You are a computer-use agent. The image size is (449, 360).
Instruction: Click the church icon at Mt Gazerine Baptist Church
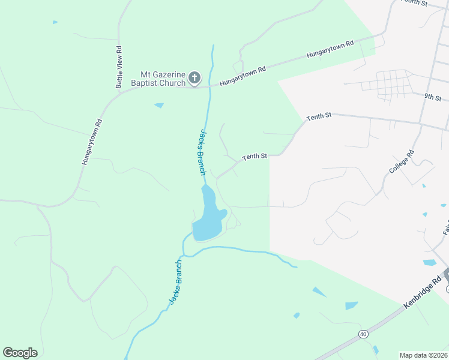[194, 77]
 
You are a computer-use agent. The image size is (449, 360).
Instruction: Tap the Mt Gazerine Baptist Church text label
[163, 77]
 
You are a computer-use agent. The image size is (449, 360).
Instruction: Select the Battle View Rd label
[119, 67]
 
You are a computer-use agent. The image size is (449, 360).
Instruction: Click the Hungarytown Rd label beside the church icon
[243, 76]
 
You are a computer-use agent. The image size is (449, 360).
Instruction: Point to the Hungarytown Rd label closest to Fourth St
[331, 49]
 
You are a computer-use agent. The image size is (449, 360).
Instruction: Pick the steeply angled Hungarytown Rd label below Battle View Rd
[92, 142]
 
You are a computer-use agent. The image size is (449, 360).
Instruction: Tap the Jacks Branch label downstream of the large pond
[175, 282]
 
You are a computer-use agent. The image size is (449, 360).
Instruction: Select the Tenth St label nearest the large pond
[254, 157]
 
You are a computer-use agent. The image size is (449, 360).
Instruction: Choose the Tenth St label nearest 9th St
[319, 117]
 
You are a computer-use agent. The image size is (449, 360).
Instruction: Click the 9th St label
[432, 97]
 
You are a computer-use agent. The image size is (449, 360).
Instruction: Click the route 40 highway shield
[363, 334]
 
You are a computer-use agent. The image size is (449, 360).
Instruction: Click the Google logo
[20, 353]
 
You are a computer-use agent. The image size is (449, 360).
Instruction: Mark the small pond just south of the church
[159, 106]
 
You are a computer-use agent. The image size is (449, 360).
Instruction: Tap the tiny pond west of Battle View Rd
[55, 22]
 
